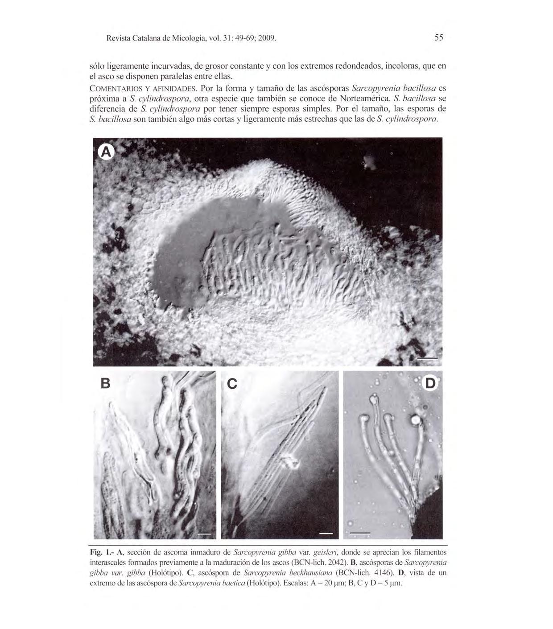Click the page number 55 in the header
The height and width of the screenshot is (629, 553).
pos(439,38)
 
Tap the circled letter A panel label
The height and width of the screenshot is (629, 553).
pos(106,152)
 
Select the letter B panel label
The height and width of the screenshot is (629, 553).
pos(105,383)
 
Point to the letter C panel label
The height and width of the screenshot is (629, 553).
pos(232,383)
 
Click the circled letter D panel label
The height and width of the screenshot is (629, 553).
pos(430,383)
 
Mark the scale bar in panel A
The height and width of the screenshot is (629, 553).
pos(428,358)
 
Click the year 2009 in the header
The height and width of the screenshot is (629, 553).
pos(267,38)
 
